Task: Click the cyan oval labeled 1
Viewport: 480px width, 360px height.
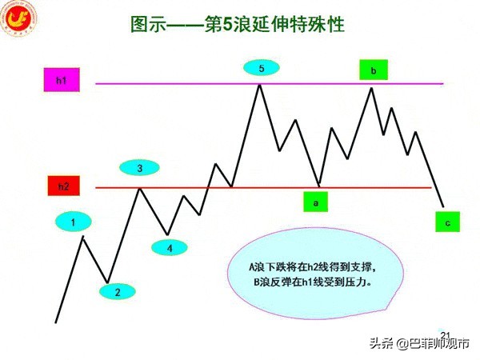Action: [74, 222]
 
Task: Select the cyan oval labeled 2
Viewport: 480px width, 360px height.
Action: [117, 292]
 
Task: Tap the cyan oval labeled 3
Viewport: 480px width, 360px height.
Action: [140, 168]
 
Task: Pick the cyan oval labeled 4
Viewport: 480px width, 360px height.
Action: [169, 247]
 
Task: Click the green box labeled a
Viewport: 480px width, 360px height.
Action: [316, 203]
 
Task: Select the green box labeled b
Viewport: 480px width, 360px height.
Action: [373, 70]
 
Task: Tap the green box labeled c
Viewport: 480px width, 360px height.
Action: [447, 222]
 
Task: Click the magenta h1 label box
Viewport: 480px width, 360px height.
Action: [62, 82]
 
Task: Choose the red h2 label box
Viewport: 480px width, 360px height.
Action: [63, 187]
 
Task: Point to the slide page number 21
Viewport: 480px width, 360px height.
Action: [446, 335]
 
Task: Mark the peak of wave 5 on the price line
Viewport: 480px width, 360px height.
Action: [259, 83]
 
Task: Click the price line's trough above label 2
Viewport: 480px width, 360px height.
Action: [107, 282]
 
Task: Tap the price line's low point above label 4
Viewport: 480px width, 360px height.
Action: [167, 234]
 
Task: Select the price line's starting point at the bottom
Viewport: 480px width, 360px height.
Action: [56, 322]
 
